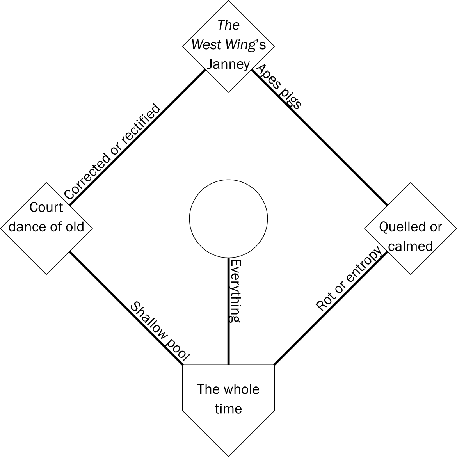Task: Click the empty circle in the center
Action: (228, 219)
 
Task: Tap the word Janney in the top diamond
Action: (228, 64)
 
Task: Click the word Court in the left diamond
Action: (46, 207)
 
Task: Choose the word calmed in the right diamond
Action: (411, 246)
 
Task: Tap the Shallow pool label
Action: (160, 332)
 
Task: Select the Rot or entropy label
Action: (348, 279)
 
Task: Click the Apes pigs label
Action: (278, 87)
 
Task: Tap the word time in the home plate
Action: (228, 409)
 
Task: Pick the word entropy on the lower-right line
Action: (363, 265)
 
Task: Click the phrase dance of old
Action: (46, 227)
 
